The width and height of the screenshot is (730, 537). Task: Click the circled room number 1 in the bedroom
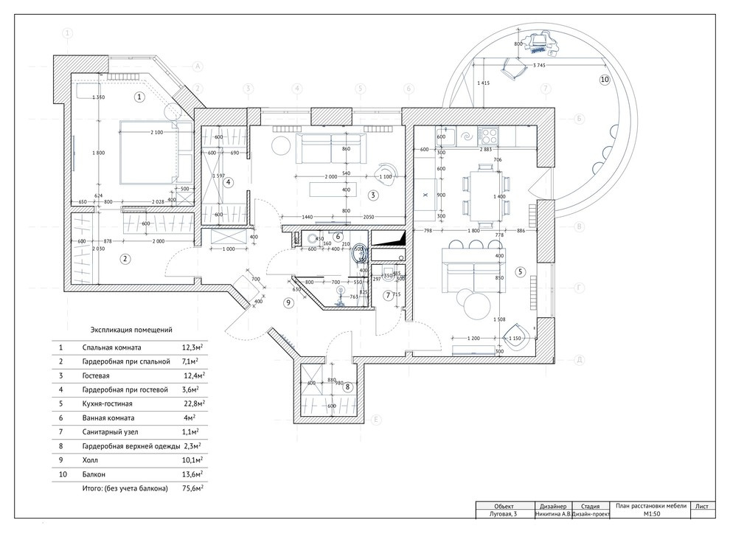click(140, 97)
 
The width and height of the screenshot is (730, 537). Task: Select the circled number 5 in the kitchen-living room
click(520, 271)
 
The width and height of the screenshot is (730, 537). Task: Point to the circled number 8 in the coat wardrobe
click(347, 386)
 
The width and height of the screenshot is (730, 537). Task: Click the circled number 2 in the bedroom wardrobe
click(125, 258)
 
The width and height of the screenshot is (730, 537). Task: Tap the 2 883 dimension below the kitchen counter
click(491, 149)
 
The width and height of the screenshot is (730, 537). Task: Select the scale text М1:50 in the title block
click(651, 515)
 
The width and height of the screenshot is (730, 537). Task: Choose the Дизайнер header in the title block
click(553, 506)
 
